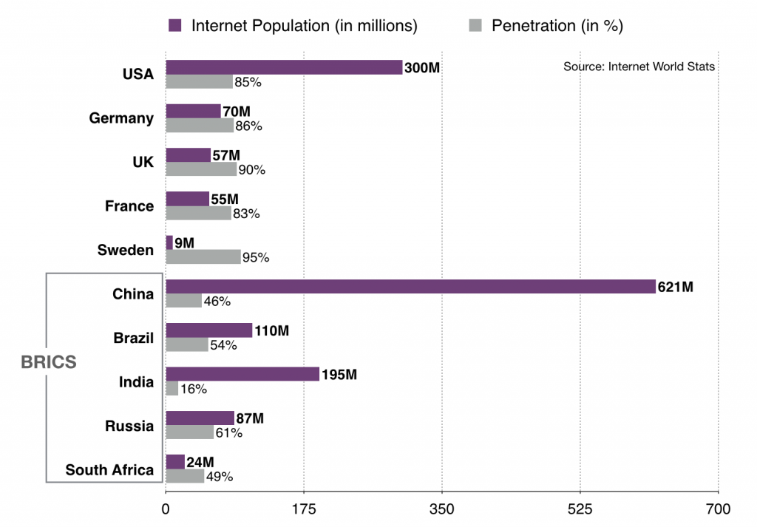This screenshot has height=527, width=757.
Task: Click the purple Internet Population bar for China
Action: (410, 287)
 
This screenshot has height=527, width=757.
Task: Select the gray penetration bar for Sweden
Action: (203, 256)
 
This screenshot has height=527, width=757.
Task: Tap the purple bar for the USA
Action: (284, 67)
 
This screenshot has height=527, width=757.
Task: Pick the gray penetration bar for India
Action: (172, 388)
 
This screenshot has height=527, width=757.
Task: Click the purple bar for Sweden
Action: (169, 242)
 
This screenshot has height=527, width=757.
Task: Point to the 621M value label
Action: (675, 287)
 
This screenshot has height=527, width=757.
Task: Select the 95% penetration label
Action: (257, 258)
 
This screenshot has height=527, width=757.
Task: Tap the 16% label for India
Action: (193, 390)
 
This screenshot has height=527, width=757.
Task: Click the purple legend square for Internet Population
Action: (175, 26)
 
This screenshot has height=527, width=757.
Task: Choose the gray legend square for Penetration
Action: (476, 26)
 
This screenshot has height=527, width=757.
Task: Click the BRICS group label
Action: (49, 362)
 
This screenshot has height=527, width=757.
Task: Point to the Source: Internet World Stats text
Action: (639, 67)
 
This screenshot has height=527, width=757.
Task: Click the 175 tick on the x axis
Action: (304, 509)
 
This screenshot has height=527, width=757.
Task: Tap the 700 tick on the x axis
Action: (718, 509)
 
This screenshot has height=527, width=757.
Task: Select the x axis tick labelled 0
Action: (166, 509)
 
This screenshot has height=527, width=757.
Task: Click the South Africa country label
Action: (109, 470)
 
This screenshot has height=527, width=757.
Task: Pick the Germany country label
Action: (121, 118)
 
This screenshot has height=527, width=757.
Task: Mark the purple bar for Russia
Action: (200, 418)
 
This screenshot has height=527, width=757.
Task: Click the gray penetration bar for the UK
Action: (201, 169)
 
